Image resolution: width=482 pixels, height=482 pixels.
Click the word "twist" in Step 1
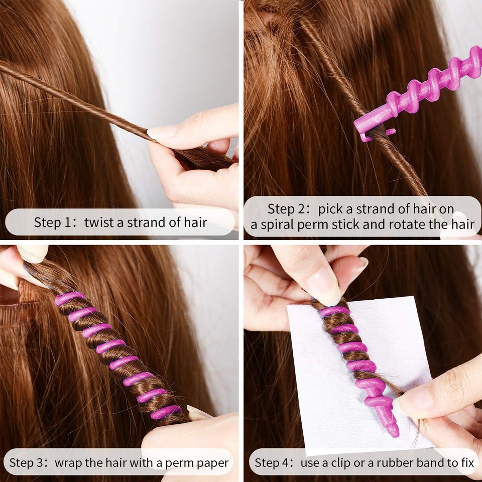[x=98, y=222]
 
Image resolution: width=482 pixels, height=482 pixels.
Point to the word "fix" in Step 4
[x=467, y=462]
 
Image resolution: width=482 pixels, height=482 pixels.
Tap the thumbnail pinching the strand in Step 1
[x=162, y=133]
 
